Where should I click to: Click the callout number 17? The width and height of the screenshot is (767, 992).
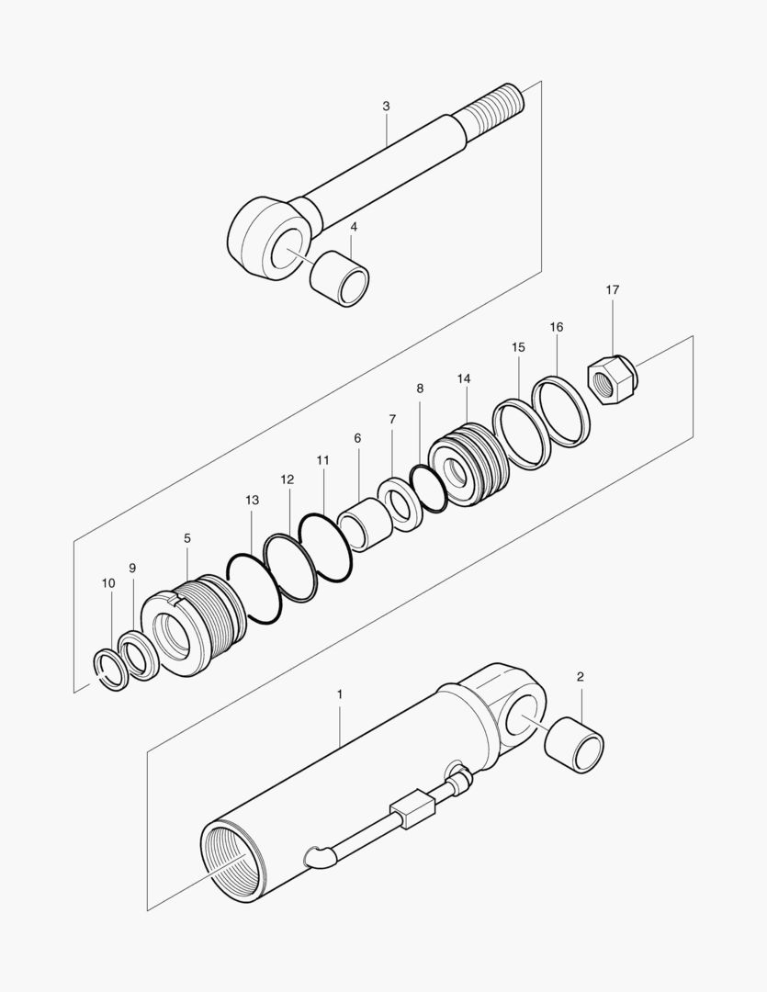pyautogui.click(x=613, y=290)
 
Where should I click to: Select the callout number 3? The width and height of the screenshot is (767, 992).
pyautogui.click(x=386, y=107)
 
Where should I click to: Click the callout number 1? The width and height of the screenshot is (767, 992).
pyautogui.click(x=339, y=694)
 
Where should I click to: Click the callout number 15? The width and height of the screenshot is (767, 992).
pyautogui.click(x=518, y=347)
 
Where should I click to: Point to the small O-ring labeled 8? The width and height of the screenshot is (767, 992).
pyautogui.click(x=429, y=488)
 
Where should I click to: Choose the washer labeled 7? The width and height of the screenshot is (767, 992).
pyautogui.click(x=400, y=503)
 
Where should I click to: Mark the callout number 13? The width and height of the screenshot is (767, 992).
pyautogui.click(x=252, y=501)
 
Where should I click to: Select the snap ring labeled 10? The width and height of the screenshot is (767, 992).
pyautogui.click(x=111, y=670)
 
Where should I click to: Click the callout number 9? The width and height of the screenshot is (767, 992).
pyautogui.click(x=132, y=569)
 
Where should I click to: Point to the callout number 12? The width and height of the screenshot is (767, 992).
pyautogui.click(x=288, y=479)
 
